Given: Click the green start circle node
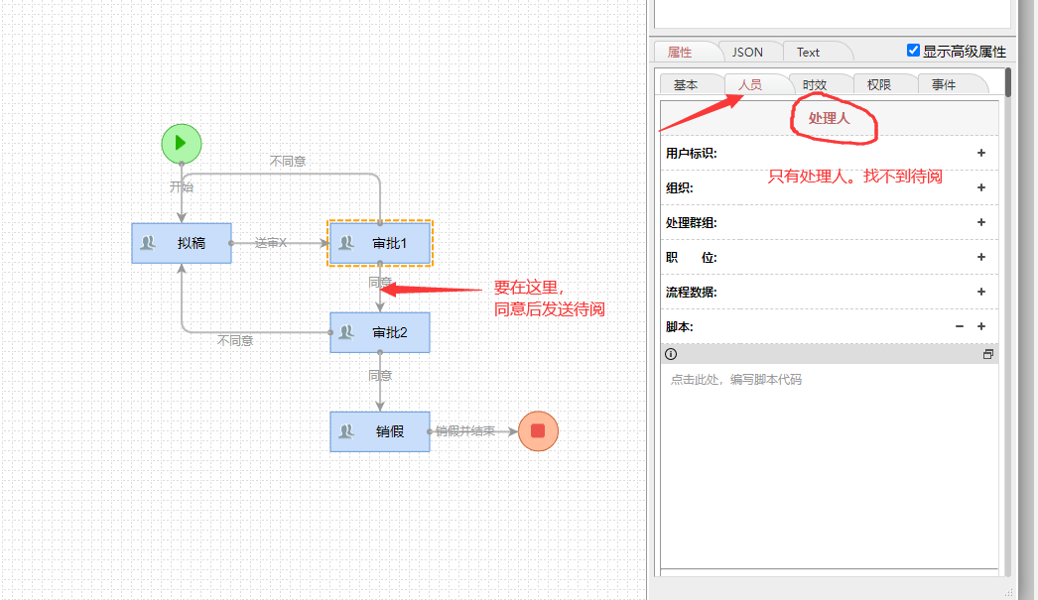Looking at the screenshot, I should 182,143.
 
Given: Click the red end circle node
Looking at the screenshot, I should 538,430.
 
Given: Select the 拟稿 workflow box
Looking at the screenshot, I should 182,243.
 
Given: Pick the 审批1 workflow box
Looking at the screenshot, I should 380,243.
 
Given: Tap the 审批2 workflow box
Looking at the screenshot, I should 380,332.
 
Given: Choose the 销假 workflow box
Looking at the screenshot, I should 380,431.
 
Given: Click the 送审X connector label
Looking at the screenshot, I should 270,243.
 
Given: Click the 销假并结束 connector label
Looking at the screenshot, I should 464,431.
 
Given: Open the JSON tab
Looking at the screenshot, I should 747,52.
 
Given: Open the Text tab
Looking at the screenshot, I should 808,52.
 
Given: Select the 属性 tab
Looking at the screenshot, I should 680,52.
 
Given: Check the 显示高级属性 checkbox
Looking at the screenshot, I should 914,51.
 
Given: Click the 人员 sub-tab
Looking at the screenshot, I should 750,84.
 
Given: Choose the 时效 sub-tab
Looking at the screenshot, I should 815,84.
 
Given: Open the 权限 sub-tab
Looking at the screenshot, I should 879,84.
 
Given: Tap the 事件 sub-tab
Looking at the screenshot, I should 944,84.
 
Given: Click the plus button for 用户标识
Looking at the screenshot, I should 981,153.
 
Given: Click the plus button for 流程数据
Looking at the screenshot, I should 981,292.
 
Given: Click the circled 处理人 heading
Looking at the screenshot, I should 830,118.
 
